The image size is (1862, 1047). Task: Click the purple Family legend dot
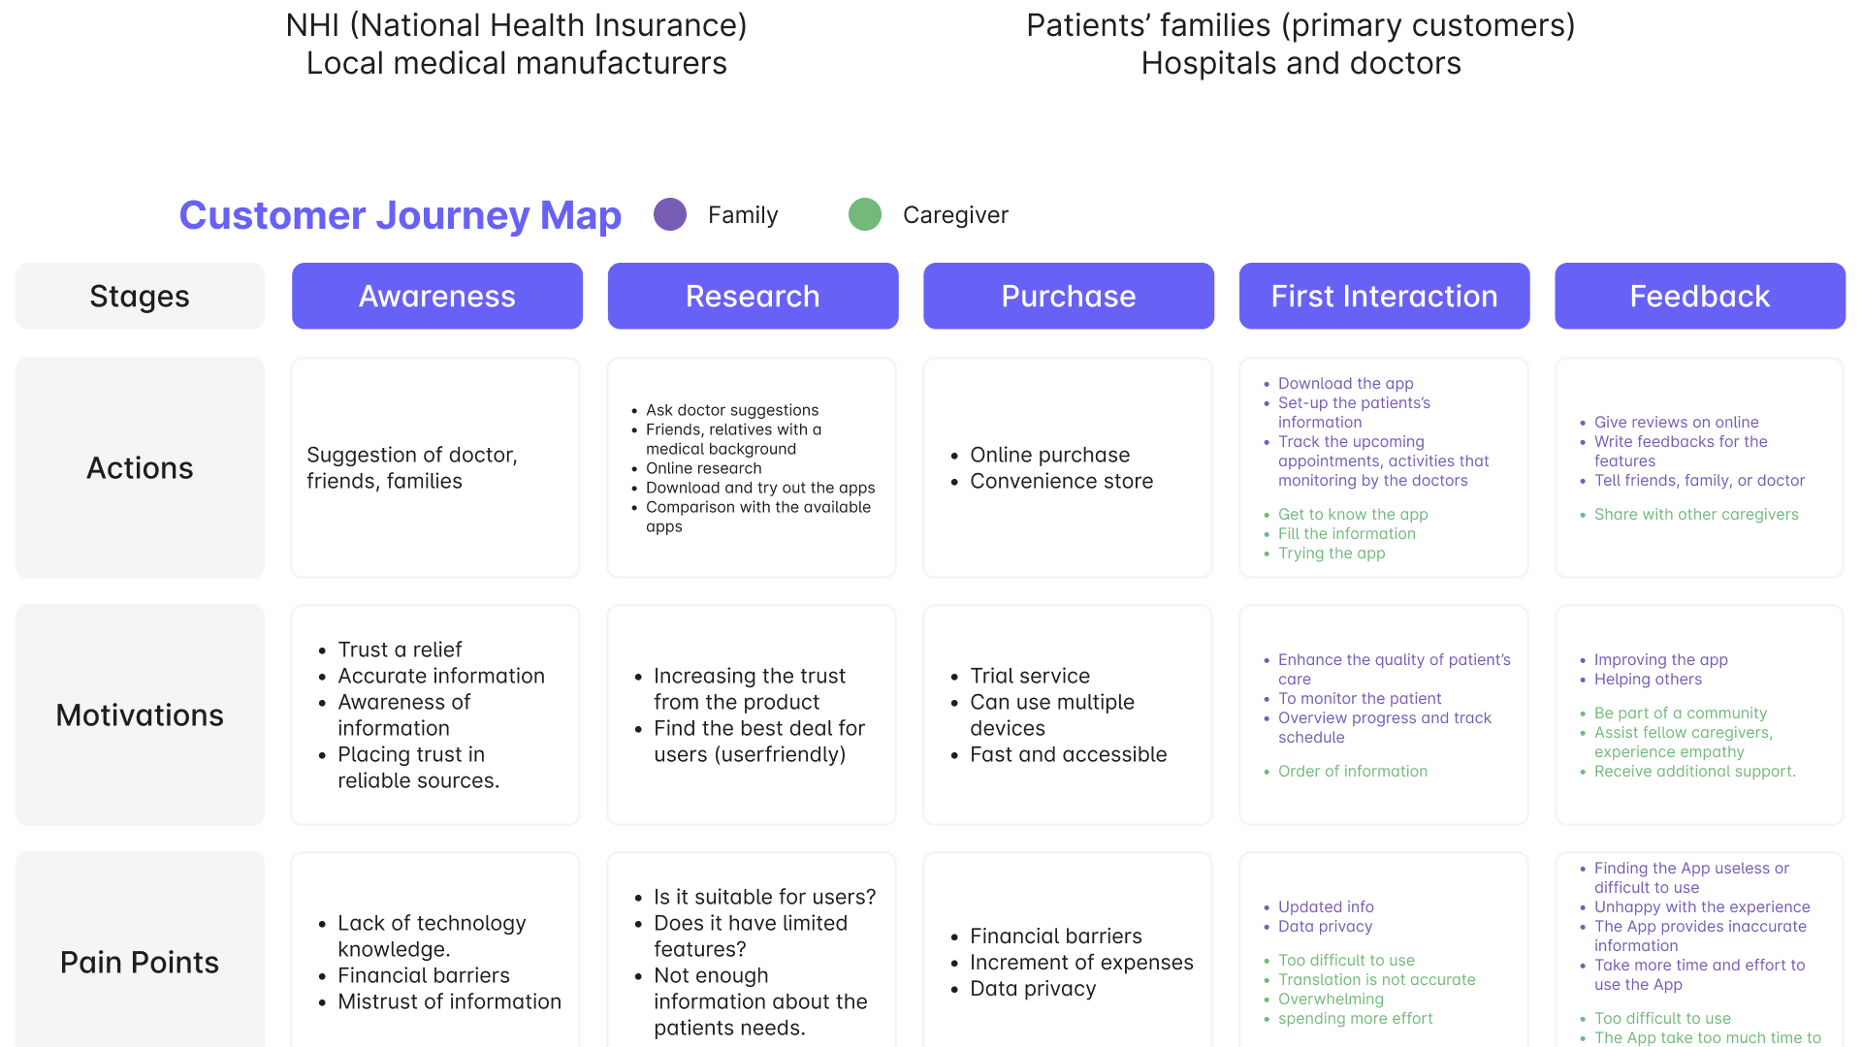click(x=670, y=214)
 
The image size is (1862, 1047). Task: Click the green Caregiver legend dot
click(x=865, y=214)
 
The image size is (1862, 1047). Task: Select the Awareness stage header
click(x=437, y=296)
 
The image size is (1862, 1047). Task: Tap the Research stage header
click(x=753, y=296)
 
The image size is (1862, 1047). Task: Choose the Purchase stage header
click(x=1068, y=296)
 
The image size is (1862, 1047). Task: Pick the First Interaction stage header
click(x=1384, y=296)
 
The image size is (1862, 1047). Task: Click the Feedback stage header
click(x=1699, y=296)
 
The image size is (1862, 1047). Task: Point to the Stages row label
click(x=140, y=296)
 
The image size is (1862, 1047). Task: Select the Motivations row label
click(x=140, y=715)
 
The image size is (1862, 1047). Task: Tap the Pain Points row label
click(x=140, y=963)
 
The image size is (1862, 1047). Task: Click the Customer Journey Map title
click(x=400, y=215)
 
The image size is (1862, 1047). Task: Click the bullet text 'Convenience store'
click(x=1061, y=481)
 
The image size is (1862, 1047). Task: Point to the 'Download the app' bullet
click(x=1345, y=383)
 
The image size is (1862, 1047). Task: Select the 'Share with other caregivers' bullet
click(x=1696, y=514)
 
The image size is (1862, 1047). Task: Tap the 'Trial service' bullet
click(x=1030, y=676)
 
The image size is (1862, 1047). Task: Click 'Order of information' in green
click(x=1352, y=771)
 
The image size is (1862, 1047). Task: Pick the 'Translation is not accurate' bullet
click(x=1376, y=979)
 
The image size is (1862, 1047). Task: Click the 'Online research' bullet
click(x=703, y=468)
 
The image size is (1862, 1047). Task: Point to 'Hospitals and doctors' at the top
click(x=1300, y=63)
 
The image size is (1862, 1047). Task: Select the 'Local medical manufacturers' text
click(x=516, y=63)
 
